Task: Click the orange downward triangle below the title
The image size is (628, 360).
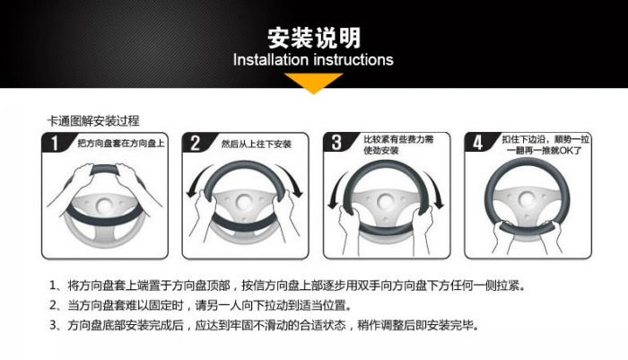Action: click(314, 83)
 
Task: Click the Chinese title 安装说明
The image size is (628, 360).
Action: click(314, 38)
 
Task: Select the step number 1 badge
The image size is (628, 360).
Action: click(55, 143)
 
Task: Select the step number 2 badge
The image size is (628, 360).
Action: click(195, 143)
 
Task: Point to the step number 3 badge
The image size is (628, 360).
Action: click(336, 143)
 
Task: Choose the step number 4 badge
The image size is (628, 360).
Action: click(477, 143)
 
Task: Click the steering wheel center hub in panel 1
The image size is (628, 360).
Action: click(104, 206)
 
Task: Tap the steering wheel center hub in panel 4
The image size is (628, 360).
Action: click(527, 199)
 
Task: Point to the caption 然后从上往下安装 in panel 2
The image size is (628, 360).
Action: click(257, 144)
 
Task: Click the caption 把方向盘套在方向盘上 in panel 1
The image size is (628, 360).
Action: click(121, 143)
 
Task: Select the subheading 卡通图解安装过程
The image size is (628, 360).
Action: click(93, 120)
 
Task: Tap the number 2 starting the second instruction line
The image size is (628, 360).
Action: click(53, 305)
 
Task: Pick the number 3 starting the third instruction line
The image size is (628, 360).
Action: click(53, 325)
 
